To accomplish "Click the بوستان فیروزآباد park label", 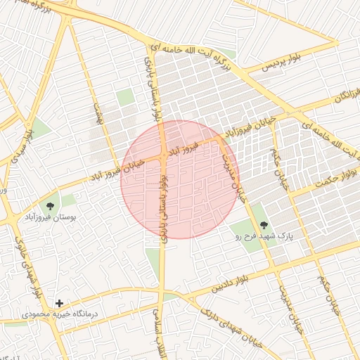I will coord(50,219).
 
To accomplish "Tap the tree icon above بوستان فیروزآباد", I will coord(50,206).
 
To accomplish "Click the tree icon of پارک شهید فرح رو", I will coord(264,225).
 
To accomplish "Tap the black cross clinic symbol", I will coord(59,303).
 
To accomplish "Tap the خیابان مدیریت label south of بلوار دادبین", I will coord(292,309).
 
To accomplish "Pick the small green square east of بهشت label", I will coord(125,98).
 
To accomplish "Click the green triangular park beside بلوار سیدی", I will coord(40,129).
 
